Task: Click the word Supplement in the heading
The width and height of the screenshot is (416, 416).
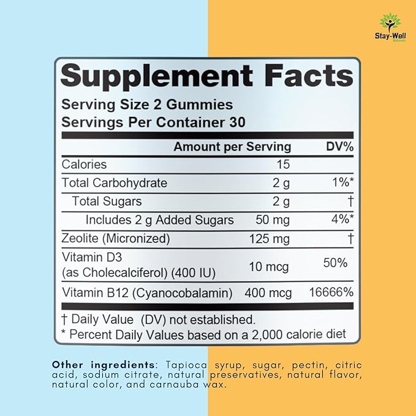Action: [156, 77]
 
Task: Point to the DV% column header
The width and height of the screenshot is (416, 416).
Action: [335, 146]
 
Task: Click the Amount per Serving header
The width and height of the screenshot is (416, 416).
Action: [232, 146]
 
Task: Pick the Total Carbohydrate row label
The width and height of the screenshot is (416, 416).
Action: [115, 183]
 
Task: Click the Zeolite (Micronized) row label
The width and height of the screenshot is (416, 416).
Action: [116, 238]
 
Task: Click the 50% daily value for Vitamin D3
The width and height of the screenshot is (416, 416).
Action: [335, 263]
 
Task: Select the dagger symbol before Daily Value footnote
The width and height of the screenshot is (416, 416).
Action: [64, 319]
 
